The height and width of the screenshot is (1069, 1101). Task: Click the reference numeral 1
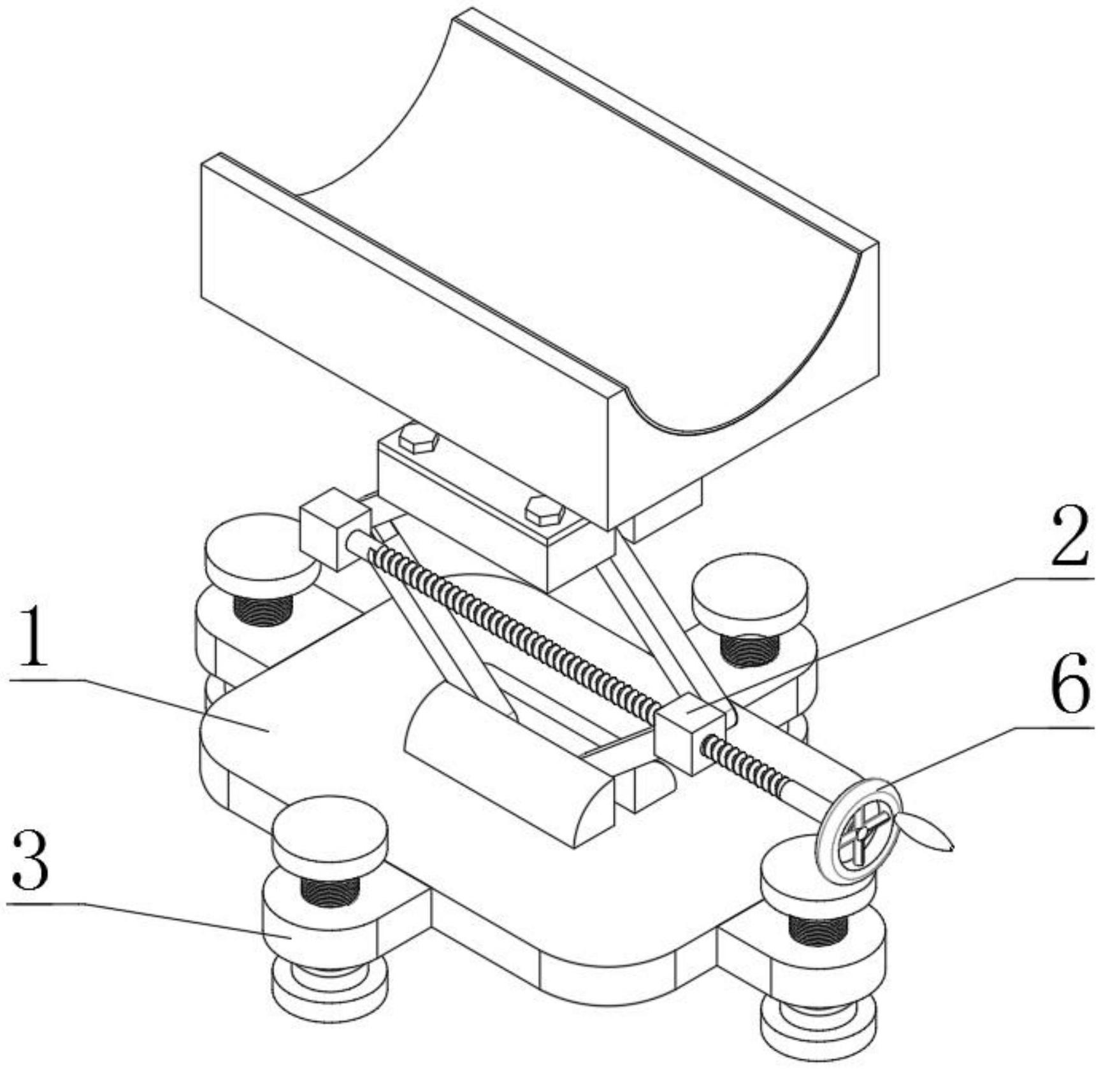[x=31, y=638]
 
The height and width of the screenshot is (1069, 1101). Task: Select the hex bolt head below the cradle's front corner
[x=545, y=511]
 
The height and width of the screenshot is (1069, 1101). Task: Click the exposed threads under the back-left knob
[x=263, y=609]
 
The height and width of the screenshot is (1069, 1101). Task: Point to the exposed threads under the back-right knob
[x=749, y=651]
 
